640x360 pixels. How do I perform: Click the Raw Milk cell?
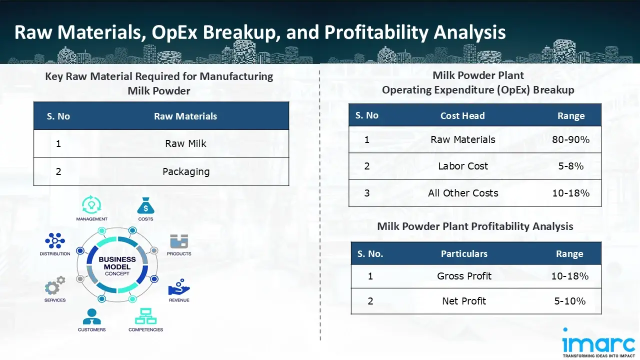(x=185, y=143)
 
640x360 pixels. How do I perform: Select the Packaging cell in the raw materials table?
(x=186, y=171)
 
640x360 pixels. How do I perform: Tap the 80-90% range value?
(x=570, y=139)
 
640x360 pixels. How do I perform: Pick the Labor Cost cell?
(x=463, y=166)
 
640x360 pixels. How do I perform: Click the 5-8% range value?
(x=570, y=166)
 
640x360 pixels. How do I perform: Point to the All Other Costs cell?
(x=463, y=193)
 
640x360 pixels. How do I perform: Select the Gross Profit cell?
(x=464, y=276)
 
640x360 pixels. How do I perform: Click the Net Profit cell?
(x=464, y=301)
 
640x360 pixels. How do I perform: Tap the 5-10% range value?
(x=569, y=301)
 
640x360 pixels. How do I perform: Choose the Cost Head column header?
(x=462, y=115)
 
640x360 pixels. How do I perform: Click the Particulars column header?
(x=464, y=253)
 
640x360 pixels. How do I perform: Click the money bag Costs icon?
(x=145, y=205)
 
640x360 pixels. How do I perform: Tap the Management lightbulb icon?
(x=91, y=204)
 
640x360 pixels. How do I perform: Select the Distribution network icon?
(x=55, y=240)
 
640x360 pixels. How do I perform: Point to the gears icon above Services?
(x=55, y=285)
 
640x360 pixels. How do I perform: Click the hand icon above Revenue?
(x=179, y=287)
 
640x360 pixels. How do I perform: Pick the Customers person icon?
(x=91, y=316)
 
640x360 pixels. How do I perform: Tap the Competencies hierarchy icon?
(x=145, y=316)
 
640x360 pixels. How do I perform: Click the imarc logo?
(x=598, y=342)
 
